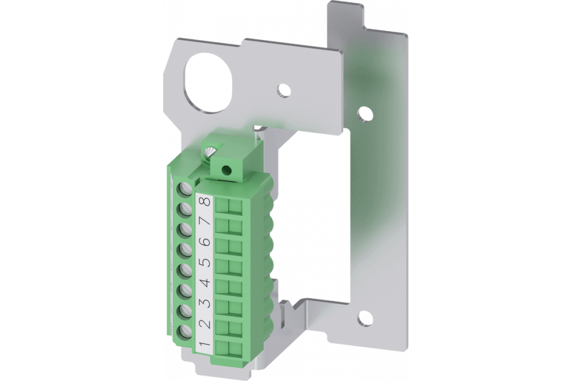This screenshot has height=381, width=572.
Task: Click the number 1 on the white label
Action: pos(205,343)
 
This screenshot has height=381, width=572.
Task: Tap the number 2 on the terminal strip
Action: pos(205,323)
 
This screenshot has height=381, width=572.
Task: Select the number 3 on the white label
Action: pos(205,303)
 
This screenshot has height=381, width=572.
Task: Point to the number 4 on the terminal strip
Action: pos(205,283)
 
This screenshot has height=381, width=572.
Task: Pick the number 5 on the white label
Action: pos(205,263)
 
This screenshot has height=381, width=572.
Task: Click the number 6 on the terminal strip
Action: pos(205,242)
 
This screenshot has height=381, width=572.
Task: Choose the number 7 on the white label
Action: pos(205,221)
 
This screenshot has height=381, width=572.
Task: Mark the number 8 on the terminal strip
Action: pos(205,201)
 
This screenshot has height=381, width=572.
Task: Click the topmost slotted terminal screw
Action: pos(185,189)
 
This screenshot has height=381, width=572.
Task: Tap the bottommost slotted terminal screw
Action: pos(185,332)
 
